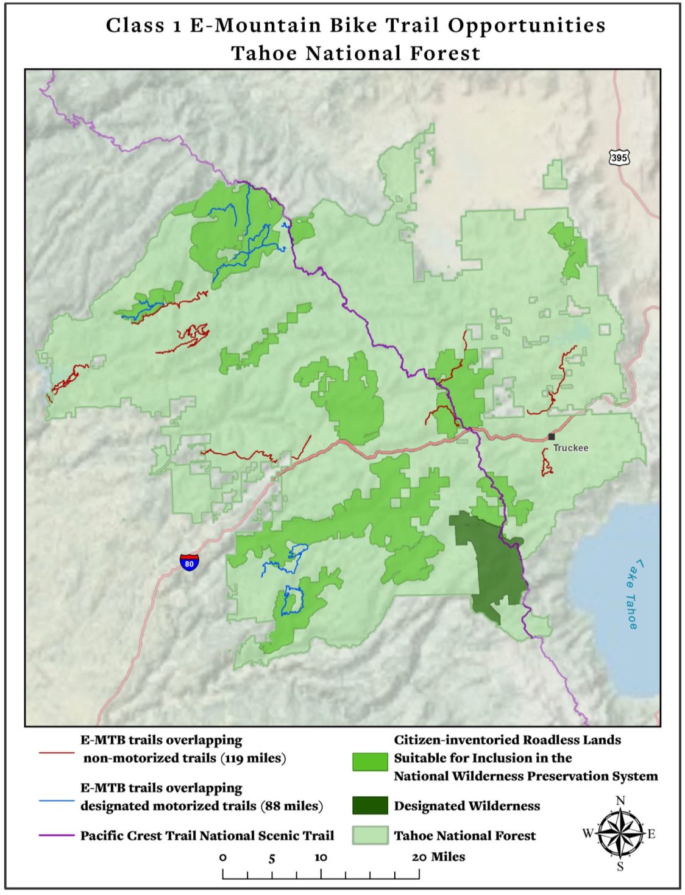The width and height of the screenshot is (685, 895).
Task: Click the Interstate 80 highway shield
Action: click(189, 562)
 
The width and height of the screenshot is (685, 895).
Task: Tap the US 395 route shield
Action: click(619, 158)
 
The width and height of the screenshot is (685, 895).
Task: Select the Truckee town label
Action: click(571, 448)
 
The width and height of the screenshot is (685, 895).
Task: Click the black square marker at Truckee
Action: click(552, 437)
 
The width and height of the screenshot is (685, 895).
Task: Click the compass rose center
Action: click(620, 833)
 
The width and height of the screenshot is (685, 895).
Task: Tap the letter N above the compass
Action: click(620, 801)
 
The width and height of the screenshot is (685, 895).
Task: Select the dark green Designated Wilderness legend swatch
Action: click(370, 805)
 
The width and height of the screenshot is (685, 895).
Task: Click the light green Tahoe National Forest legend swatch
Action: click(370, 835)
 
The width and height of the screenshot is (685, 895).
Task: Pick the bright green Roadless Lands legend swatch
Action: click(370, 761)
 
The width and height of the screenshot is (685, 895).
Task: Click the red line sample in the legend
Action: click(57, 754)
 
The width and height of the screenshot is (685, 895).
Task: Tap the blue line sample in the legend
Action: click(57, 801)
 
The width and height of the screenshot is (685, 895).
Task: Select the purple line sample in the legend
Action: click(57, 835)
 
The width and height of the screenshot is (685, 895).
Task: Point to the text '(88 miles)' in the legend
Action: click(291, 806)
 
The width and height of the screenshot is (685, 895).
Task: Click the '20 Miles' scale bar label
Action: click(438, 857)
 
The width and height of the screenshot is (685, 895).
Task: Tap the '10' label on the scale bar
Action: click(321, 857)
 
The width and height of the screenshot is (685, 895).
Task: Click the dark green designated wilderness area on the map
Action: click(491, 561)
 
